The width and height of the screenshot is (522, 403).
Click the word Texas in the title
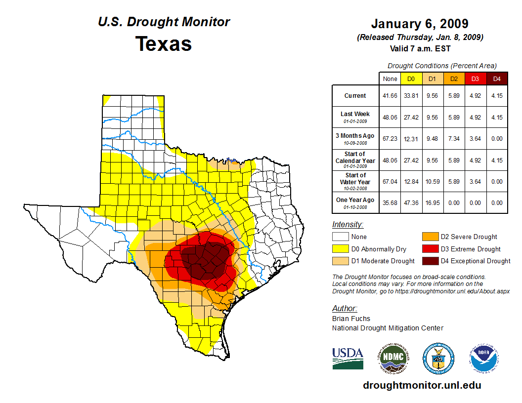[164, 44]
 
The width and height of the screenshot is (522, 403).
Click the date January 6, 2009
[420, 24]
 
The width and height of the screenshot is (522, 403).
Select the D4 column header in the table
[497, 79]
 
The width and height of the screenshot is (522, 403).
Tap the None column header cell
[390, 79]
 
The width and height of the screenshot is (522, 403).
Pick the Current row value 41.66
[390, 96]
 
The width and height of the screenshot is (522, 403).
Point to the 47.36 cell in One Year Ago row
[411, 202]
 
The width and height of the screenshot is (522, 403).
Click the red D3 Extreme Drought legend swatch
[429, 249]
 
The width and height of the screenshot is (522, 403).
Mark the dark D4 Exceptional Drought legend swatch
[429, 261]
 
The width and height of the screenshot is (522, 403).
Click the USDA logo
[348, 358]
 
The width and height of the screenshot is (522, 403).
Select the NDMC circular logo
[393, 358]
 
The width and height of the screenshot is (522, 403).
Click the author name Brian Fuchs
[351, 319]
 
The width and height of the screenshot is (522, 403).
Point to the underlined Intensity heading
[348, 224]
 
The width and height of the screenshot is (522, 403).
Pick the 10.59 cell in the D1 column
[433, 181]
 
